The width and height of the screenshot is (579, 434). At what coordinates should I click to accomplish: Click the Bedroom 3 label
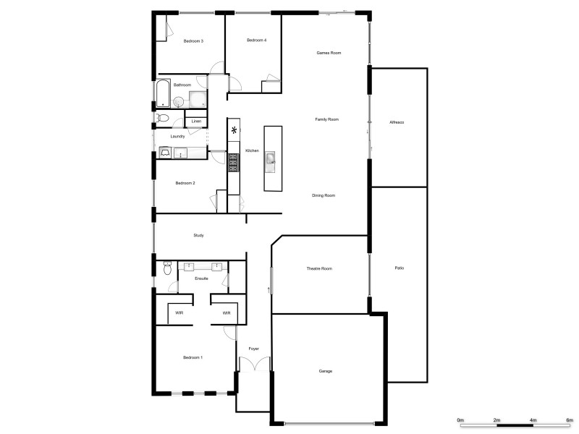click(193, 41)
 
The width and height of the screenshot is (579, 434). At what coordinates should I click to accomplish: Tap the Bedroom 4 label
click(257, 40)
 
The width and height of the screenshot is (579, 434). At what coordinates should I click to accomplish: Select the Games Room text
click(329, 54)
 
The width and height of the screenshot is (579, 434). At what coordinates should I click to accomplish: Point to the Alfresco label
click(397, 122)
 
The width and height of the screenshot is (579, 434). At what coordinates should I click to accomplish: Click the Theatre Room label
click(319, 269)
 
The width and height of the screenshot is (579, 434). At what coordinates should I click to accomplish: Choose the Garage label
click(326, 371)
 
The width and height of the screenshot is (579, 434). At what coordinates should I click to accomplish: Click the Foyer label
click(253, 349)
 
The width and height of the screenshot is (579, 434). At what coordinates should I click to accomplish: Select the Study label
click(198, 236)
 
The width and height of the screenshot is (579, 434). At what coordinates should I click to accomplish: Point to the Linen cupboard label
click(195, 121)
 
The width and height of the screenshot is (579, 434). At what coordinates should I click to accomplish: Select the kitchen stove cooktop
click(234, 163)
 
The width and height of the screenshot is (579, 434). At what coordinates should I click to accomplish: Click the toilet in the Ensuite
click(166, 269)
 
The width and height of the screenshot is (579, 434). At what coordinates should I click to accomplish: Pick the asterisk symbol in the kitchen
click(234, 131)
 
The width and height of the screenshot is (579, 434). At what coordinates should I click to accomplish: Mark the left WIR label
click(179, 313)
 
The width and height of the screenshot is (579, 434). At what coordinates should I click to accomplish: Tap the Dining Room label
click(324, 195)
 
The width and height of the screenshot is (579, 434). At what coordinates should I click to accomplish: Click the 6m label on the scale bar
click(569, 420)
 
